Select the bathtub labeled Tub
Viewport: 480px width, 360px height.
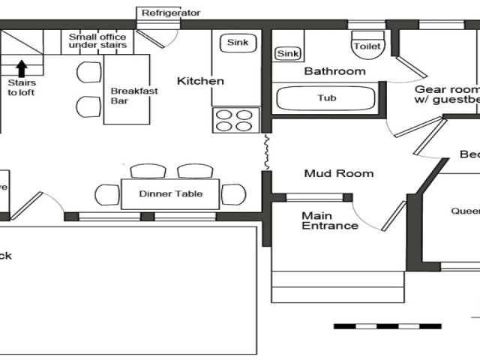pyautogui.click(x=327, y=98)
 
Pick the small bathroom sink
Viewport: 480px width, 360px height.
pyautogui.click(x=288, y=53)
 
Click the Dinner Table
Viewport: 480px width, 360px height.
pyautogui.click(x=170, y=193)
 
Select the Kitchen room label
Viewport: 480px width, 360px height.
pyautogui.click(x=200, y=81)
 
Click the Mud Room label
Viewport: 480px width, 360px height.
pyautogui.click(x=338, y=173)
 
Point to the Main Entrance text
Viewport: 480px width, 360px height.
pyautogui.click(x=329, y=220)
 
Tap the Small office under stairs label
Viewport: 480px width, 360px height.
pyautogui.click(x=97, y=40)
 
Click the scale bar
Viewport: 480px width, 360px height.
pyautogui.click(x=387, y=326)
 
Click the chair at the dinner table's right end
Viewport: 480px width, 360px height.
pyautogui.click(x=233, y=194)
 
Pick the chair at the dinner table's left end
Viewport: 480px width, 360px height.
pyautogui.click(x=107, y=195)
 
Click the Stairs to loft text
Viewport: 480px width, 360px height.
pyautogui.click(x=21, y=88)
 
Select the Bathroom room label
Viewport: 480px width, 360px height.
pyautogui.click(x=334, y=71)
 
